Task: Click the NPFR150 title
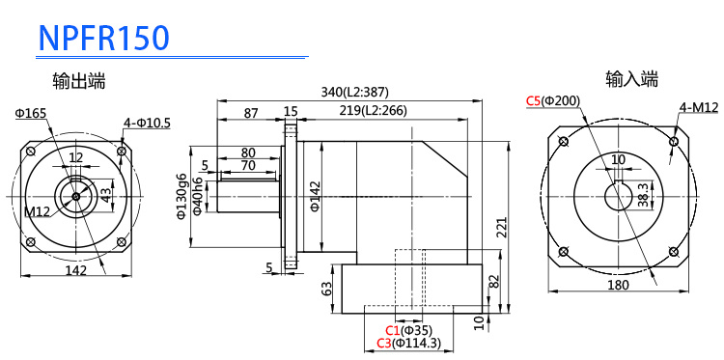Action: pyautogui.click(x=104, y=38)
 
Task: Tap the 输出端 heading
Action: pyautogui.click(x=79, y=81)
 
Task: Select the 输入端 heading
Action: pyautogui.click(x=631, y=79)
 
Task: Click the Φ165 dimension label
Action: pyautogui.click(x=31, y=113)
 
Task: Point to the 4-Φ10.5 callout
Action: pyautogui.click(x=147, y=123)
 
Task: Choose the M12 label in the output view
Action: pyautogui.click(x=36, y=211)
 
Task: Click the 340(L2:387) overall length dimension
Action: pyautogui.click(x=355, y=93)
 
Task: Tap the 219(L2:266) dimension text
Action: pyautogui.click(x=373, y=111)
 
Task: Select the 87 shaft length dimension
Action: pyautogui.click(x=251, y=113)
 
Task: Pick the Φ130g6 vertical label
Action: pyautogui.click(x=181, y=195)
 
